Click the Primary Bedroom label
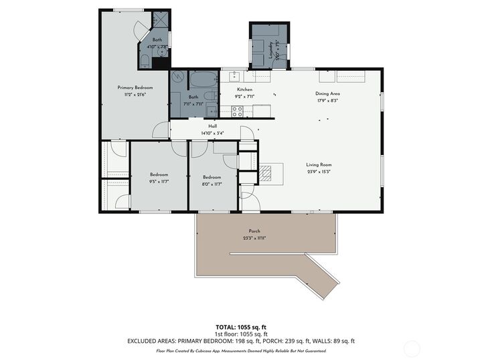point(135,88)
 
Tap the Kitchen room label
point(244,90)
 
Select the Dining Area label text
point(327,94)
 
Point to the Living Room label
point(319,164)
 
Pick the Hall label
point(213,126)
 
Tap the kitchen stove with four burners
point(237,112)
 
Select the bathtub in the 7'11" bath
point(199,82)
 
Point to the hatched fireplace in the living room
point(267,174)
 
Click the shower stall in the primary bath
point(161,19)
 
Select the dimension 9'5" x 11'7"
point(159,182)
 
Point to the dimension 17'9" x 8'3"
point(327,101)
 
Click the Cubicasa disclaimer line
point(240,350)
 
